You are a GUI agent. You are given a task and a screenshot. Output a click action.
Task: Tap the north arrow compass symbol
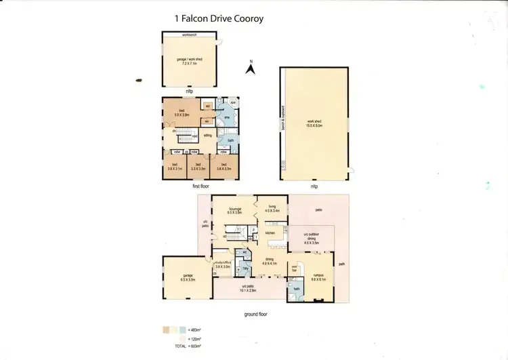pos(250,66)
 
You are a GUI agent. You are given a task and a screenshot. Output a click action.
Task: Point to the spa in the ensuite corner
pos(232,102)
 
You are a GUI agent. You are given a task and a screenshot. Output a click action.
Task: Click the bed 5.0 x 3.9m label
pos(182,113)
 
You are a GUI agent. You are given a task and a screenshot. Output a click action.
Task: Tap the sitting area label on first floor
pos(208,136)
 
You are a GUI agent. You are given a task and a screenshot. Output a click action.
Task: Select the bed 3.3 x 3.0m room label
pos(198,165)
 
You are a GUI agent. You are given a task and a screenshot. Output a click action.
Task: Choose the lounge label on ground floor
pos(235,211)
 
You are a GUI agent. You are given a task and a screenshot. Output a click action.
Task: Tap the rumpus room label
pos(318,258)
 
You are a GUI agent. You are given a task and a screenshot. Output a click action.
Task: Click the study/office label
pos(224,264)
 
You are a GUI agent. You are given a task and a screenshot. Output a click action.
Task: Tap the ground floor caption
pos(258,315)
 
